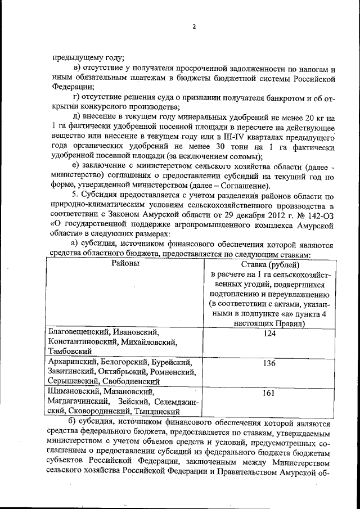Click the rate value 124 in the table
[x=268, y=334]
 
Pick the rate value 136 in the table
[x=268, y=363]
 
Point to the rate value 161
[x=268, y=393]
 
